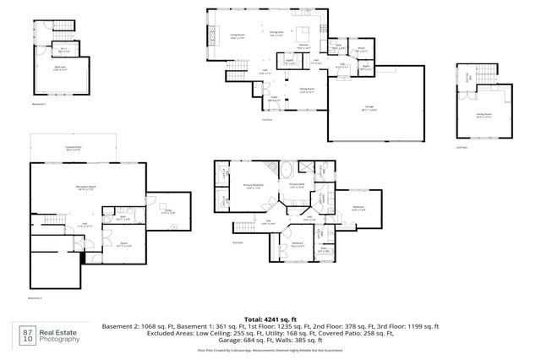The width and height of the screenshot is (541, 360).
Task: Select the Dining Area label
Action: (276, 35)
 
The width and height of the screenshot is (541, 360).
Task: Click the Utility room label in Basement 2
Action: (169, 211)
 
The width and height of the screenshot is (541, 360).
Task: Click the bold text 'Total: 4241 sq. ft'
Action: (270, 318)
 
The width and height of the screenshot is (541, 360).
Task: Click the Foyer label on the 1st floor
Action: (271, 98)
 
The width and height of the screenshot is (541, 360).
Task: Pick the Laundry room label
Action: (288, 61)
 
